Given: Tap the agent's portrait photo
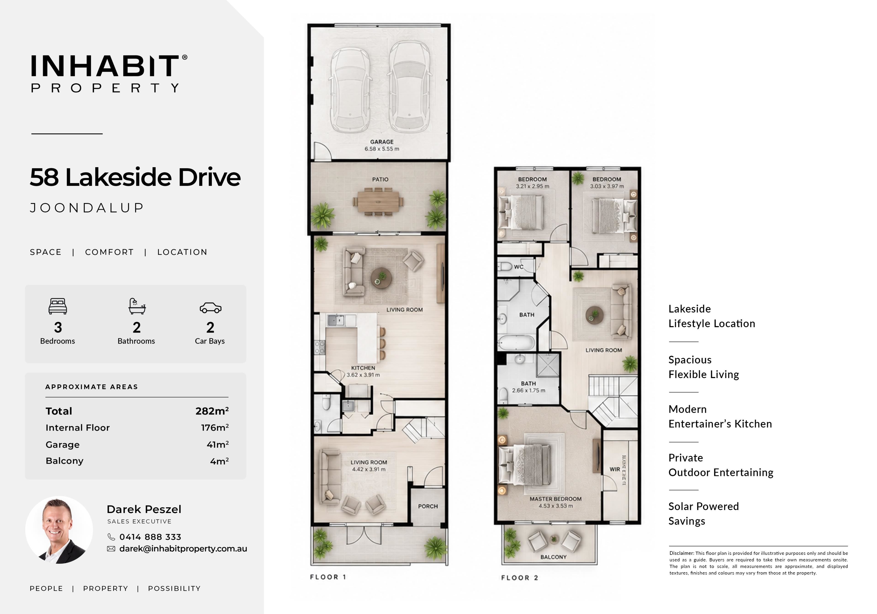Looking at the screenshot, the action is (x=59, y=530).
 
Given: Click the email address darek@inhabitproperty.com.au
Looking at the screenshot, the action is (x=183, y=549).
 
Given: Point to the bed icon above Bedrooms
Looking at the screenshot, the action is (x=58, y=306).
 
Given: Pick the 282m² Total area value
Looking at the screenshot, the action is (x=212, y=411).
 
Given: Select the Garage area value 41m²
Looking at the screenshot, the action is (x=217, y=444).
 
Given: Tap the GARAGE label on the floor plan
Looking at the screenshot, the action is (x=382, y=142).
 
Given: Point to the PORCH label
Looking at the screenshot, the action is (x=428, y=506).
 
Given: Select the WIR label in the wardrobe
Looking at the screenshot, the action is (x=615, y=469).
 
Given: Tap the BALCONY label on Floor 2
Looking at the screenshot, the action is (x=553, y=557).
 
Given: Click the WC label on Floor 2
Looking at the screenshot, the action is (x=518, y=267).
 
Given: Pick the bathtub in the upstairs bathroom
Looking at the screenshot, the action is (x=516, y=342).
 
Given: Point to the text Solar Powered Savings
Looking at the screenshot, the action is (x=704, y=513).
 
